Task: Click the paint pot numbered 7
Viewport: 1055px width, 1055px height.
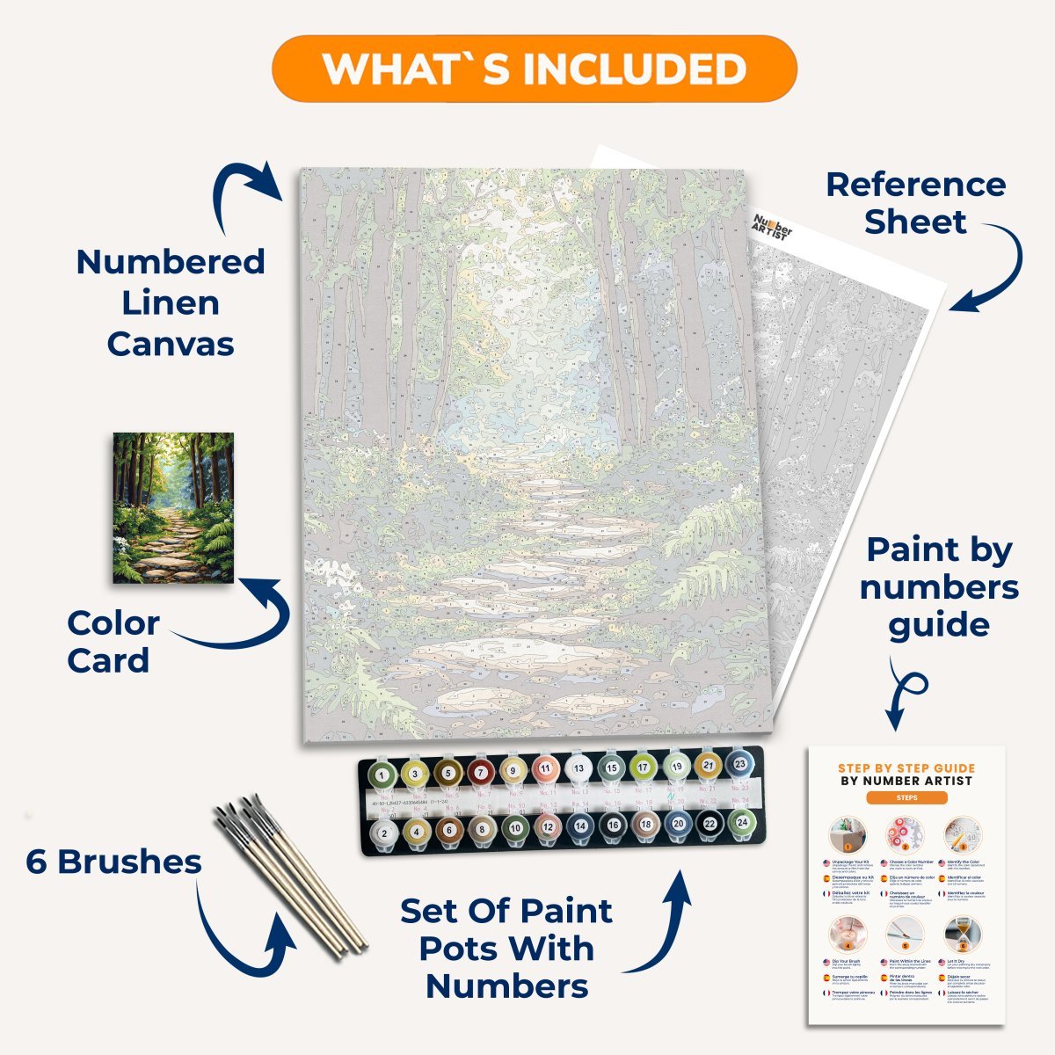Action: (x=480, y=773)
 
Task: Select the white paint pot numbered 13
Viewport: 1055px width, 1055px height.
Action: (x=578, y=768)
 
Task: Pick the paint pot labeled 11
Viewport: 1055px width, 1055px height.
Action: (x=545, y=769)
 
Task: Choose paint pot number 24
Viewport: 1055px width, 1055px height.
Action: (x=741, y=823)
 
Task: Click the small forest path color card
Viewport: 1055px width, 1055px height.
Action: (x=173, y=507)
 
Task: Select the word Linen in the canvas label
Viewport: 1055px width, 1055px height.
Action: (x=171, y=303)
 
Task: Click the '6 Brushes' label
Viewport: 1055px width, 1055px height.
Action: (x=114, y=862)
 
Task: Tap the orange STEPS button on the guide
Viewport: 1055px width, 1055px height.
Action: (x=906, y=798)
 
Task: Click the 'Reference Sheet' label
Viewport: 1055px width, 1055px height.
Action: (x=915, y=203)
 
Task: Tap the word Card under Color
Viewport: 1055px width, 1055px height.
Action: (x=108, y=661)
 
